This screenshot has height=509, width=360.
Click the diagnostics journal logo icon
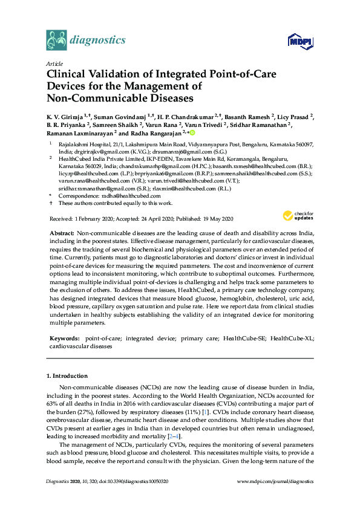(56, 40)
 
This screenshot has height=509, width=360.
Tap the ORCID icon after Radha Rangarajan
(192, 132)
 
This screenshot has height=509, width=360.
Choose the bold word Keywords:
(65, 339)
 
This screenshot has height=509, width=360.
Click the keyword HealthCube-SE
(244, 339)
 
